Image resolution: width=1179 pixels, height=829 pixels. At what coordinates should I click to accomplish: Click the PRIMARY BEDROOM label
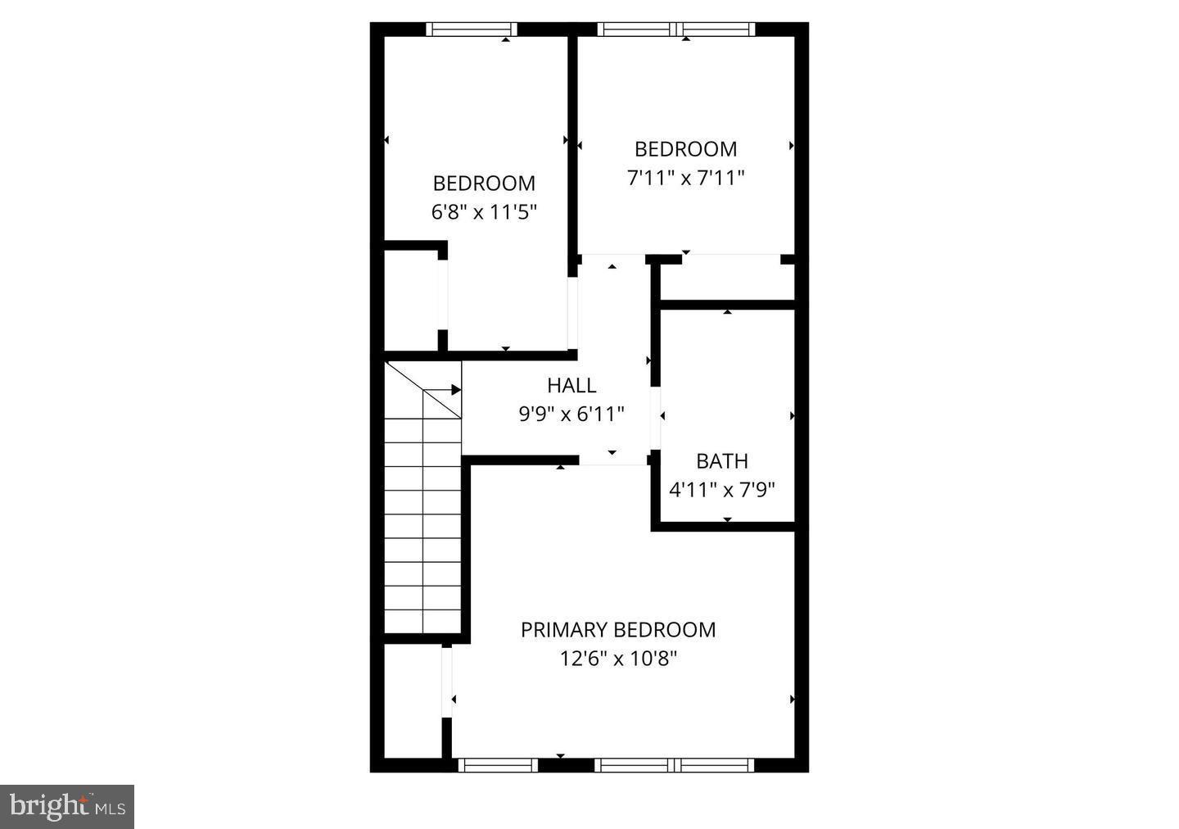coord(618,630)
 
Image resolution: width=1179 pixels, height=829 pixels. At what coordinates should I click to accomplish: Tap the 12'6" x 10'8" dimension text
coord(618,658)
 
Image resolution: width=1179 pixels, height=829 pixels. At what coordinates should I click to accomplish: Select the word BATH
coord(722,461)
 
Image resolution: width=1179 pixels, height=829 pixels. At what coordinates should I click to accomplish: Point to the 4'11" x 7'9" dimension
coord(722,490)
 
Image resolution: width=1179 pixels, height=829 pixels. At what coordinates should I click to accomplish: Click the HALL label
coord(571,385)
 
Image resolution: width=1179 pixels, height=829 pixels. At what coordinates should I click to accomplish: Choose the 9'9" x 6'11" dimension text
coord(571,414)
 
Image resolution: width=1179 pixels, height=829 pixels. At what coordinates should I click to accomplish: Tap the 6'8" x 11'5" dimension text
coord(484,212)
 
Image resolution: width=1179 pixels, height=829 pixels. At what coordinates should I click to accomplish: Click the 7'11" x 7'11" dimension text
coord(686,178)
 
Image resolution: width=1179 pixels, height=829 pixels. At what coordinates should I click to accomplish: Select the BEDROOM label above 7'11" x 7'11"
coord(686,149)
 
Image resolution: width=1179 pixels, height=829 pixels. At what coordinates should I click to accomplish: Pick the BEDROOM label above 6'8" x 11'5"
coord(484,183)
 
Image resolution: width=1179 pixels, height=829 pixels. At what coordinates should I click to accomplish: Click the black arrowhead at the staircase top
coord(456,390)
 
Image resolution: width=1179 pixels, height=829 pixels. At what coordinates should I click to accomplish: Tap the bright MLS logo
coord(67,807)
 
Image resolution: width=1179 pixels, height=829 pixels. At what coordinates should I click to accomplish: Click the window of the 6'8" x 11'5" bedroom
coord(472,29)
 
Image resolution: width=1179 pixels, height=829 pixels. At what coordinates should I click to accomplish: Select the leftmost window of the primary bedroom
coord(498,765)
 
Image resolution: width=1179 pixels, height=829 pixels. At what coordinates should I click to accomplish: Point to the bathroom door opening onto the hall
coord(656,418)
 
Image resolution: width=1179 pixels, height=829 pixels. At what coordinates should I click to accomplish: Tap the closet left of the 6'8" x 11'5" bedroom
coord(412,299)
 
